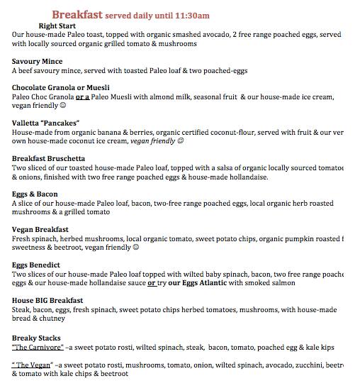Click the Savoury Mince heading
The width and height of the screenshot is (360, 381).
pyautogui.click(x=37, y=62)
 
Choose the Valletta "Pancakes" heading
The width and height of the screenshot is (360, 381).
pyautogui.click(x=45, y=123)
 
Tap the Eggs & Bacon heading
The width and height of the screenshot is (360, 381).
pyautogui.click(x=35, y=194)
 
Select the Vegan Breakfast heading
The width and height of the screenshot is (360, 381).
pyautogui.click(x=40, y=229)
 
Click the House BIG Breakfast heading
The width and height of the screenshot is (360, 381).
pyautogui.click(x=47, y=300)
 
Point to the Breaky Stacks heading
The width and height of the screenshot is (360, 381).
pyautogui.click(x=36, y=338)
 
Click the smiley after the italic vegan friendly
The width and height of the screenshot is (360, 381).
pyautogui.click(x=181, y=141)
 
